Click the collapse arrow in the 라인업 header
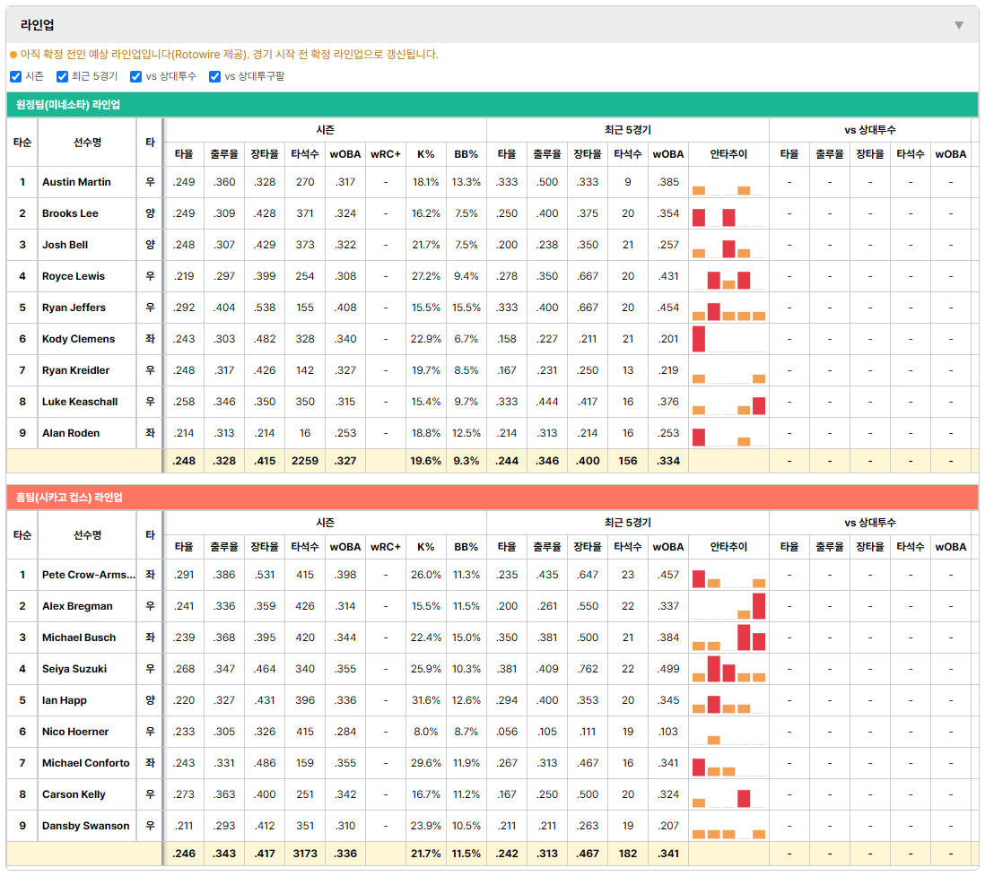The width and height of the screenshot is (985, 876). [x=959, y=25]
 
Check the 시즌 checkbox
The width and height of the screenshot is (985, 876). [x=16, y=76]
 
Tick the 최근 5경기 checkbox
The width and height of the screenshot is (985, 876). [x=62, y=76]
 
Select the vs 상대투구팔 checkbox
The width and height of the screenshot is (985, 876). [x=214, y=76]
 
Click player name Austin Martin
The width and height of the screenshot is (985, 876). [x=76, y=182]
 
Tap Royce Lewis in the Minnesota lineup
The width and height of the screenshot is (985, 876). [x=74, y=276]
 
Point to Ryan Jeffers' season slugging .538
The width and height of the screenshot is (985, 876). [x=265, y=308]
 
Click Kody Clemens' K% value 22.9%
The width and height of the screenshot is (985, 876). [x=426, y=339]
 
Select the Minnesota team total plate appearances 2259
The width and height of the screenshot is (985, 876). [x=305, y=461]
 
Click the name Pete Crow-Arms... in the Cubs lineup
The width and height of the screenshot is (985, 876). [x=89, y=575]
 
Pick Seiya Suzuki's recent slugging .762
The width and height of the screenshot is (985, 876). [x=588, y=669]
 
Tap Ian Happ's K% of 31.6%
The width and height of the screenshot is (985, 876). [x=426, y=700]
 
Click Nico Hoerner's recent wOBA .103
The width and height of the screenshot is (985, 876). [x=668, y=732]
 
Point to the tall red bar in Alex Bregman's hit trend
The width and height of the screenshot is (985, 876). [x=759, y=606]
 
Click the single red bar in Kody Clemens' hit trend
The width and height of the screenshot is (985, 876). [x=699, y=339]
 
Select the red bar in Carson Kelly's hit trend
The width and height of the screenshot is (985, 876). [x=744, y=799]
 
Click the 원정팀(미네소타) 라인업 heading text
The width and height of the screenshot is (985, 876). [x=68, y=105]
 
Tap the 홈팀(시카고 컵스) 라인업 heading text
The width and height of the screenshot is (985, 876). [x=69, y=498]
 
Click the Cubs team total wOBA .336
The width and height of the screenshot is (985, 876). [x=345, y=854]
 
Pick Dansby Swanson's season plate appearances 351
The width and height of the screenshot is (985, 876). [x=305, y=826]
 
